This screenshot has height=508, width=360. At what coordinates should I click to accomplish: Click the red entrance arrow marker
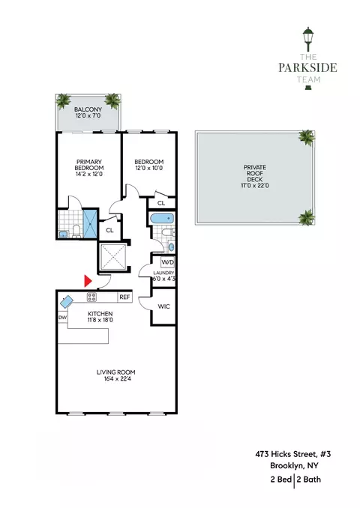point(88,281)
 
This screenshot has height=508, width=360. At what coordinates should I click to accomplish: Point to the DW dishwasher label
point(62,318)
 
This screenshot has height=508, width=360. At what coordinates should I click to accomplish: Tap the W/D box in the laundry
point(167,263)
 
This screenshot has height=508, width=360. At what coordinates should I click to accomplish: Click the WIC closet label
point(163,306)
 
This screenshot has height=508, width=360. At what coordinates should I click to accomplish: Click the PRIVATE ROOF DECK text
point(255,176)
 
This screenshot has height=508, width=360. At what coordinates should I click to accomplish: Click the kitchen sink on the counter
point(66,301)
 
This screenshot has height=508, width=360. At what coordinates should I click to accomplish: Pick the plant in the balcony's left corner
point(64,101)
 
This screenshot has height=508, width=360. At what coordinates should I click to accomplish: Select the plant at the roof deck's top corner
point(305,137)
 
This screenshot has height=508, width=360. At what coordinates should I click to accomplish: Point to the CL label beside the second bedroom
point(161,202)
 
